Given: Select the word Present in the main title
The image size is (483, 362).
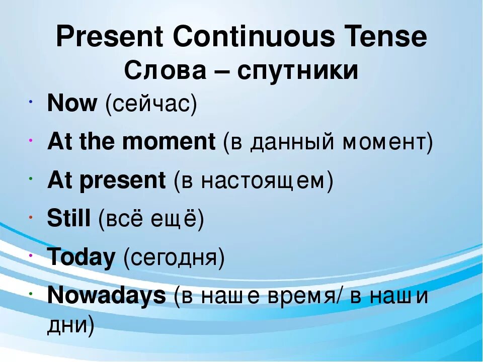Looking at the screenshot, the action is coord(109,37).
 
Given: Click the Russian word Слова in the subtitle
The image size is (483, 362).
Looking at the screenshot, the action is coord(165,71).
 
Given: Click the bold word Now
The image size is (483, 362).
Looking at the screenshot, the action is coord(72,103).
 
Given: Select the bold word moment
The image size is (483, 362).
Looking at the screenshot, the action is coord(169,142).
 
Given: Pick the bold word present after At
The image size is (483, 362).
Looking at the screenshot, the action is coord(123,181).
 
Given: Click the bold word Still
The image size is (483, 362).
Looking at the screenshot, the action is coord(69,218).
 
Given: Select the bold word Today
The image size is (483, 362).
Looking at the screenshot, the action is coord(81,257).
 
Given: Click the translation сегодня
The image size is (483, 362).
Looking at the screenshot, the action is coord(174,258).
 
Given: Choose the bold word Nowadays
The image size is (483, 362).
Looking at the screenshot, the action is coord(107,296).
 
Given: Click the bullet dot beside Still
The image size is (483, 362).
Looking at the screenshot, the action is coord(31,218).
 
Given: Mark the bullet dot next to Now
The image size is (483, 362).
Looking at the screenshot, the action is coord(31,101).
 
